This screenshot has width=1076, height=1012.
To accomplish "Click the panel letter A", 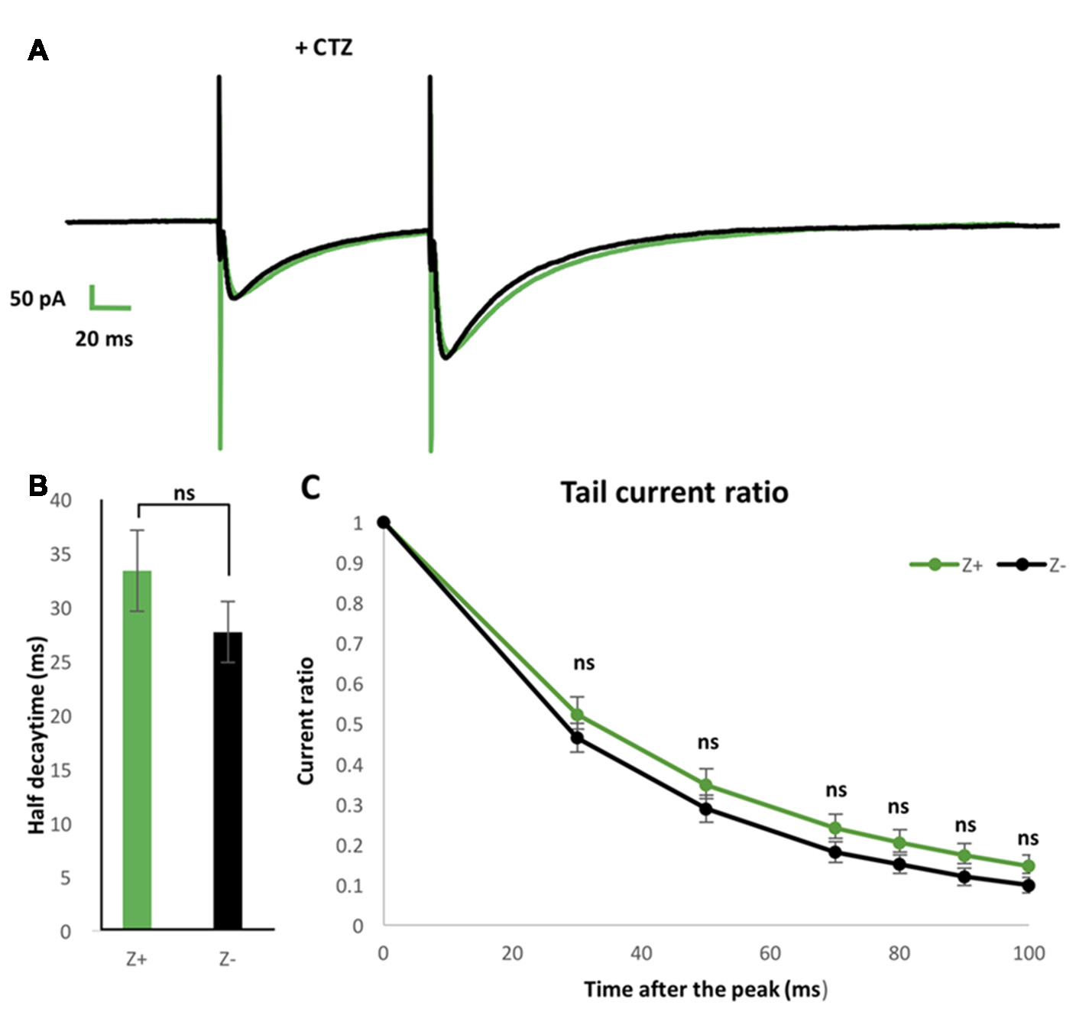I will click(x=37, y=50).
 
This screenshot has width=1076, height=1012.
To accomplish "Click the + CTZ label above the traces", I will click(x=323, y=48).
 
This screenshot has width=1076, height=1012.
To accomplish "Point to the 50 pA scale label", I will click(x=37, y=299).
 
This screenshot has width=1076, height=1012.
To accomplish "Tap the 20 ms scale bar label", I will click(x=104, y=339).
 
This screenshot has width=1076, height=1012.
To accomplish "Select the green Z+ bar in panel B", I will click(x=137, y=749).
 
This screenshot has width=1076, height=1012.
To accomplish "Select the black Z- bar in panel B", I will click(x=228, y=780).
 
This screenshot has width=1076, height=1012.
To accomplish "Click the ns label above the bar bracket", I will click(x=184, y=493).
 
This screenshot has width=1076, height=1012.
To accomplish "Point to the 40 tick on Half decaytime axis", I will click(x=60, y=501).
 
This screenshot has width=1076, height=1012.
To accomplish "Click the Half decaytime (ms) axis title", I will click(x=37, y=735).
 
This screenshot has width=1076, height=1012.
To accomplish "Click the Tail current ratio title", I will click(x=674, y=492).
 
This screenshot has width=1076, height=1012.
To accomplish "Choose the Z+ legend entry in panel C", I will click(x=947, y=565).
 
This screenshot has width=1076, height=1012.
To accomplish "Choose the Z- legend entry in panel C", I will click(x=1032, y=565).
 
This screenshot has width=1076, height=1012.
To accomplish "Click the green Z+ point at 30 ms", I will click(x=578, y=715).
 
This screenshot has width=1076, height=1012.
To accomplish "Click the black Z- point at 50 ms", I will click(x=707, y=809).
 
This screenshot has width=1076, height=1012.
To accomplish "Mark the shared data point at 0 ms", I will click(x=384, y=523).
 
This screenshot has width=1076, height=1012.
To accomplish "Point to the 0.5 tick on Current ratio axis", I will click(x=351, y=724).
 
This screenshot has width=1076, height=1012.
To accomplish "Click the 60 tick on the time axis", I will click(x=770, y=953).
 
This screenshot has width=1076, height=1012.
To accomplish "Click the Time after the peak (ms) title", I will click(x=705, y=989).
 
